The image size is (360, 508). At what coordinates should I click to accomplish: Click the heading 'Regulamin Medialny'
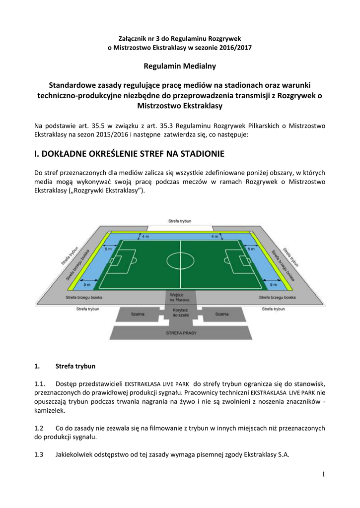(180, 65)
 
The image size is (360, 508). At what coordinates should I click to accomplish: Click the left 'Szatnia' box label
(138, 315)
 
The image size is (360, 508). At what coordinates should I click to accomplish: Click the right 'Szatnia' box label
(222, 315)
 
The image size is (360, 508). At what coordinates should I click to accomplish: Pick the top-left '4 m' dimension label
(145, 237)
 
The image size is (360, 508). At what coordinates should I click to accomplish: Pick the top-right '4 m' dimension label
(215, 237)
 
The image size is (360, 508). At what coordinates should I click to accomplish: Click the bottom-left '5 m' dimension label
(87, 285)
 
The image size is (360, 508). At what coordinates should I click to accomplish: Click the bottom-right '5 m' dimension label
(273, 285)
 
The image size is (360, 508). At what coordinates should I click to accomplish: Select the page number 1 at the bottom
(323, 475)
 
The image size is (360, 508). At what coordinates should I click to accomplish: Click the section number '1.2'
(39, 427)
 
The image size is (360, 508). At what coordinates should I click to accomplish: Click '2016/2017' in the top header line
(236, 48)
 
